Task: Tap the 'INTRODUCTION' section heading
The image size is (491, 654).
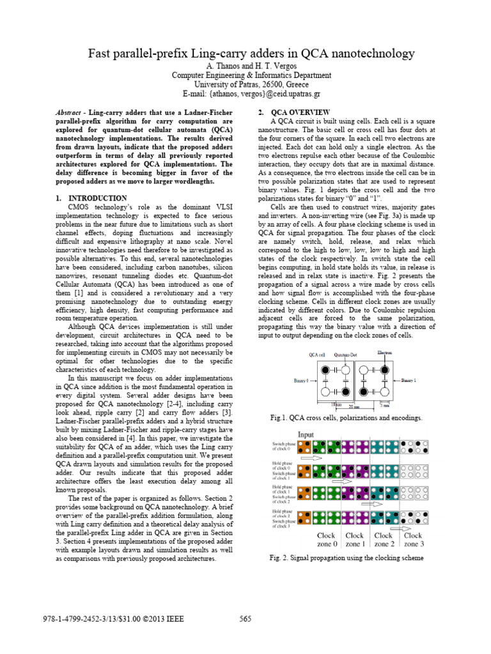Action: click(97, 198)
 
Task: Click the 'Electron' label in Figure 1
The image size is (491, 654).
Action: click(385, 353)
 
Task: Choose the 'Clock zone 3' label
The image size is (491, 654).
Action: click(413, 540)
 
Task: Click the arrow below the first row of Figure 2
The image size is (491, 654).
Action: click(312, 458)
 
